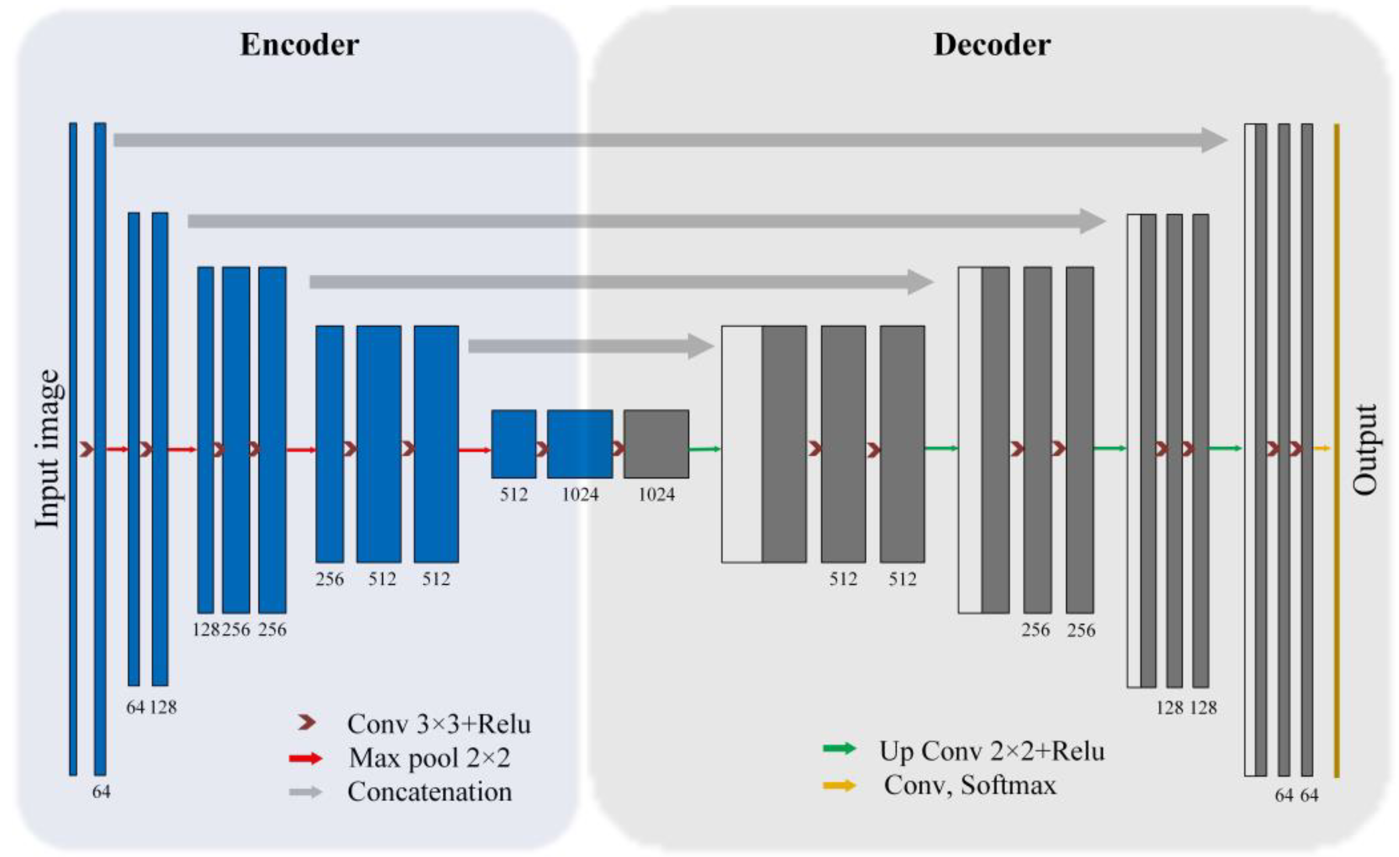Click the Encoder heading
point(299,45)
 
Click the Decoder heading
point(991,45)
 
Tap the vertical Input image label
point(47,448)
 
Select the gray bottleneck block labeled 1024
point(656,443)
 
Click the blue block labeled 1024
point(579,443)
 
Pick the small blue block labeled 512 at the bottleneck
point(513,443)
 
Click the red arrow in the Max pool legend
point(305,758)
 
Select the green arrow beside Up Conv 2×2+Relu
point(839,748)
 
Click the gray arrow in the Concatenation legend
point(305,792)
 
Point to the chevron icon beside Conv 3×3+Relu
point(307,722)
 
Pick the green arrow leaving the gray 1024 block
point(704,449)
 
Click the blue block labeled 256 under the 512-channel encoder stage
point(329,443)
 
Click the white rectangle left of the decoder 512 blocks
point(741,443)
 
